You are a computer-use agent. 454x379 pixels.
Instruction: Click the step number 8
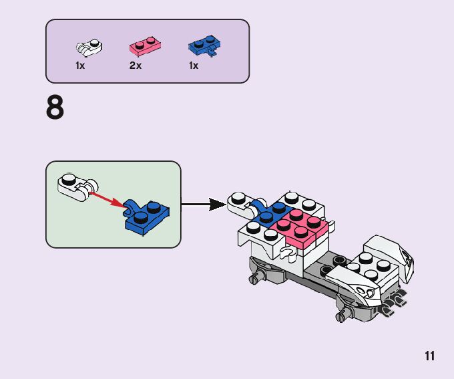[x=55, y=108]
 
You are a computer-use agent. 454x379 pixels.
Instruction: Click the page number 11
[x=429, y=356]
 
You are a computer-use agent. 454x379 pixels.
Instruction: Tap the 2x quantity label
[x=136, y=66]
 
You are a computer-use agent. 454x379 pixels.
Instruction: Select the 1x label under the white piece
[x=80, y=66]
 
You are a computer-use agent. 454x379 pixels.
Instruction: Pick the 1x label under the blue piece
[x=194, y=66]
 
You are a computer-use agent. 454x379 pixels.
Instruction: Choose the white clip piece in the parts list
[x=88, y=47]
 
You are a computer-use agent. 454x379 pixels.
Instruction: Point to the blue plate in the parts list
[x=203, y=47]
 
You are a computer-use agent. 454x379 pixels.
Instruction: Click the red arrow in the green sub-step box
[x=107, y=199]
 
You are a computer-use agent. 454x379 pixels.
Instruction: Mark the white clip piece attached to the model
[x=240, y=203]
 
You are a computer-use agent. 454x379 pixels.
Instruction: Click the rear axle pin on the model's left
[x=256, y=277]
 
